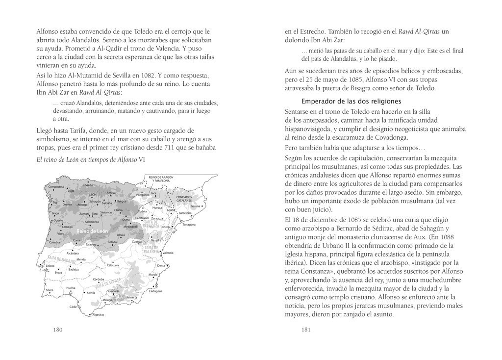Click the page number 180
58,330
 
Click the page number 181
306,330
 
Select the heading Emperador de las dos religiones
351,102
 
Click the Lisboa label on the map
50,265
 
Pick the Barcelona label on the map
185,213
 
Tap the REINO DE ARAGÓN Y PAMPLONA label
161,179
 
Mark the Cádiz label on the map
74,307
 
